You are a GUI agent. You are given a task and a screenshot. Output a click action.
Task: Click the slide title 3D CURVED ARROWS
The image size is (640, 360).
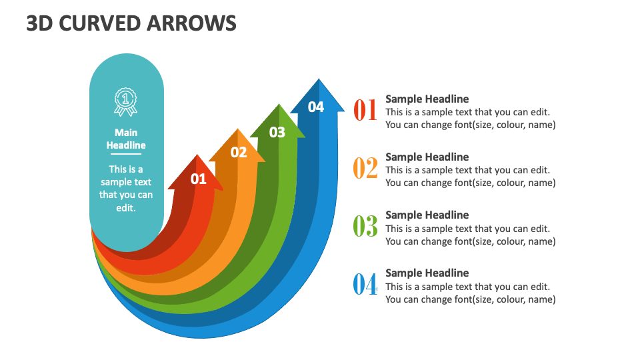(131, 23)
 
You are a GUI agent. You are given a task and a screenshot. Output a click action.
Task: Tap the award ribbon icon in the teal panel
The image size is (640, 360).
(126, 102)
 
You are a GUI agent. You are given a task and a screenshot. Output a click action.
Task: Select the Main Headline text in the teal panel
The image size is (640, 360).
(126, 139)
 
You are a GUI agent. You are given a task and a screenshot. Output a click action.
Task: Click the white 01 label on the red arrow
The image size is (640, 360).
(199, 179)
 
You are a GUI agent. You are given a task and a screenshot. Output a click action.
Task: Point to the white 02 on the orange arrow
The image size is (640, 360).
(239, 153)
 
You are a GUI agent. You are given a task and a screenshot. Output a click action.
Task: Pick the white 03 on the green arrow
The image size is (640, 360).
(277, 132)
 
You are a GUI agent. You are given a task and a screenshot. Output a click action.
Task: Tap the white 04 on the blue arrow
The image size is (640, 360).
(316, 107)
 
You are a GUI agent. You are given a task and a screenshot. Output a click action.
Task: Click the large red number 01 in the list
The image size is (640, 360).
(365, 110)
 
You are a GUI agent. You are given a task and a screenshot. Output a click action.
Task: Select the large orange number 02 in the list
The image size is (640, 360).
(365, 168)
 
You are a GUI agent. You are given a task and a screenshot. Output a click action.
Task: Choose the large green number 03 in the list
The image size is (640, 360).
(365, 227)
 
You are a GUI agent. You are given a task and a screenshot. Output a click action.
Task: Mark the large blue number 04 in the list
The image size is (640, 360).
(365, 285)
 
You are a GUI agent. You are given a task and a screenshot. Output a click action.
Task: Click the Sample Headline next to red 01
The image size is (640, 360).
(427, 99)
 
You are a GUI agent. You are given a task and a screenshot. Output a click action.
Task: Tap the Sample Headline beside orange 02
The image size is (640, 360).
(427, 157)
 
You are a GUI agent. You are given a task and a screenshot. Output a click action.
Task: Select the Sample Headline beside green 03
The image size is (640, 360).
(427, 215)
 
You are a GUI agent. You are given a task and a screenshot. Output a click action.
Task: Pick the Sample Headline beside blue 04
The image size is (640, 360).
(427, 273)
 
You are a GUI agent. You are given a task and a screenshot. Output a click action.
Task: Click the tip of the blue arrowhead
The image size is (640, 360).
(319, 80)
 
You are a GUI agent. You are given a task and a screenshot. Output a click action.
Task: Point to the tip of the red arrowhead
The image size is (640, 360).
(197, 155)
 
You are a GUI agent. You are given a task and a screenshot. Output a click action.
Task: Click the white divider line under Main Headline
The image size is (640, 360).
(126, 154)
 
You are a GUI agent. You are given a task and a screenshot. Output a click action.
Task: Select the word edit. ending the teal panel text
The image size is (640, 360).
(126, 208)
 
